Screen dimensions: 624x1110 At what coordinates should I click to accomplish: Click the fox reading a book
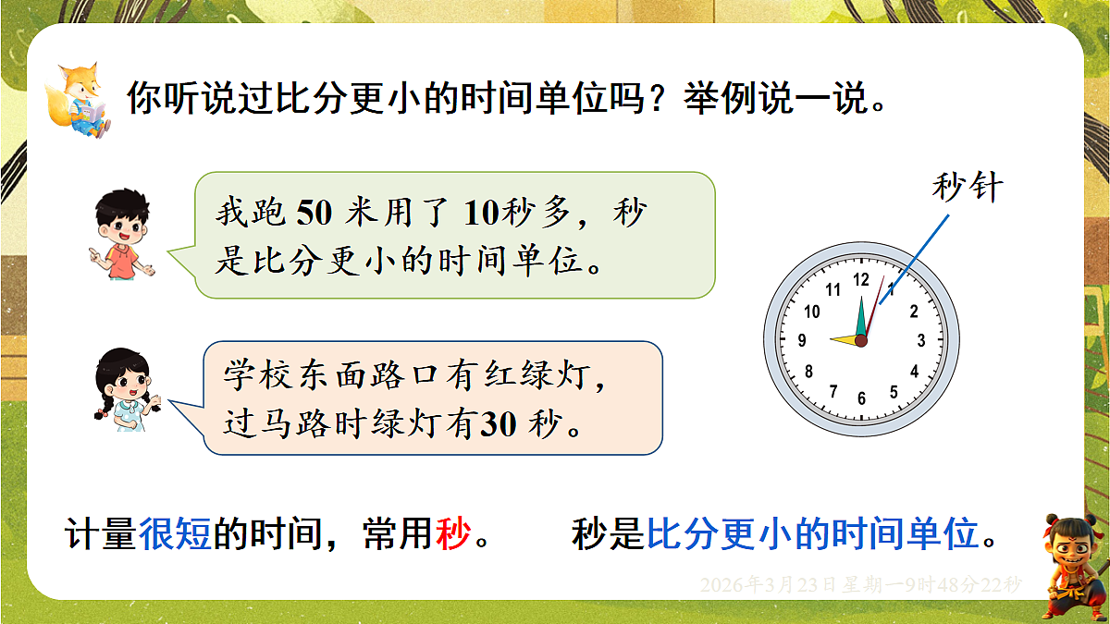pyautogui.click(x=82, y=101)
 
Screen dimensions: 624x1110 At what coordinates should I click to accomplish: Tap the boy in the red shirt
pyautogui.click(x=121, y=237)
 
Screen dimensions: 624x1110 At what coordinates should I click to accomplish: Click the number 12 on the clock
pyautogui.click(x=861, y=279)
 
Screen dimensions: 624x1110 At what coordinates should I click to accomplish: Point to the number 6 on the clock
pyautogui.click(x=862, y=398)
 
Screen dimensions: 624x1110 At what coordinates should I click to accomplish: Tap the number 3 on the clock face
pyautogui.click(x=921, y=340)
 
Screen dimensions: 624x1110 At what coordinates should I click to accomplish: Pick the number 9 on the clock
pyautogui.click(x=802, y=340)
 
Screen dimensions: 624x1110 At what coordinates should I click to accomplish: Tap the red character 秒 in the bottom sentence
pyautogui.click(x=453, y=535)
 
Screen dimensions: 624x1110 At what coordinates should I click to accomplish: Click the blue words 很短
pyautogui.click(x=176, y=535)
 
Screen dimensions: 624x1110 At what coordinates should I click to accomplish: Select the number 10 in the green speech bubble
pyautogui.click(x=481, y=214)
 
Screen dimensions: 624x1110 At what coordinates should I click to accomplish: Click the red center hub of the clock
pyautogui.click(x=861, y=341)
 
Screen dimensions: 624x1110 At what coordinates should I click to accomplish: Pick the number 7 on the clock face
pyautogui.click(x=832, y=390)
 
